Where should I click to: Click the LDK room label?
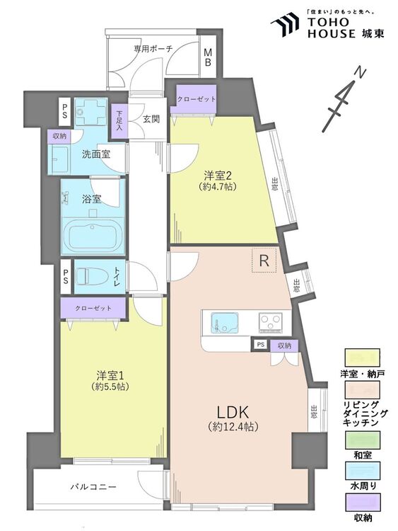(x=233, y=412)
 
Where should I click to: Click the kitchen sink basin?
(x=223, y=322)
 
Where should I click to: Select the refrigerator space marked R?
(x=264, y=261)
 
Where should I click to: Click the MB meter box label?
(x=208, y=57)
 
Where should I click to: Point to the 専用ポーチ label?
(x=153, y=48)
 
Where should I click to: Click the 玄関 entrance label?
(x=151, y=119)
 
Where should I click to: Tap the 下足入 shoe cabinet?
(x=119, y=122)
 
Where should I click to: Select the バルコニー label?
(x=93, y=487)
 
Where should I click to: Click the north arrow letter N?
(x=361, y=73)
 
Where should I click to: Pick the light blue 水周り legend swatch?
(x=363, y=472)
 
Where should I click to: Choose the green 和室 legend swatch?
(x=363, y=440)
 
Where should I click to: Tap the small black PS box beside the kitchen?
(x=260, y=345)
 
